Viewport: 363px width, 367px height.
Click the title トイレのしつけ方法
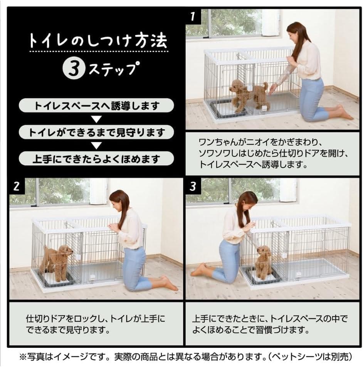(99, 41)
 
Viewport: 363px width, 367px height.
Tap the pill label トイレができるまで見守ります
(96, 132)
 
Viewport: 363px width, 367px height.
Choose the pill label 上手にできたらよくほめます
(96, 158)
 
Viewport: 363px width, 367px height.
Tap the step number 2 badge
(16, 186)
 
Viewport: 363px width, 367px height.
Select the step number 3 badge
(193, 186)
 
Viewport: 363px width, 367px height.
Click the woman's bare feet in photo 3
(199, 270)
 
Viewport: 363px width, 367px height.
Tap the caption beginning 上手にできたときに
(270, 324)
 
